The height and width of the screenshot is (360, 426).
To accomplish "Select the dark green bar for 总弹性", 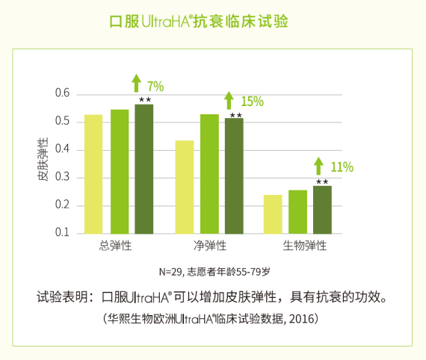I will [x=143, y=168].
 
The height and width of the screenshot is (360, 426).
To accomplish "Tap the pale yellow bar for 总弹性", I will [x=93, y=173].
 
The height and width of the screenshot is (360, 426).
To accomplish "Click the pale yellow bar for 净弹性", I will [x=184, y=187].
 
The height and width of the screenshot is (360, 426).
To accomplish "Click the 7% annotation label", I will [x=155, y=86].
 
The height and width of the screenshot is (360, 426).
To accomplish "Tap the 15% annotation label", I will [x=252, y=102].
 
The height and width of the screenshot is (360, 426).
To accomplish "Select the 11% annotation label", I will [x=342, y=167].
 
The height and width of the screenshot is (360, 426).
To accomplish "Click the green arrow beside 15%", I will [x=230, y=101].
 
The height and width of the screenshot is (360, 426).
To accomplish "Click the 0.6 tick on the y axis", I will [x=61, y=94].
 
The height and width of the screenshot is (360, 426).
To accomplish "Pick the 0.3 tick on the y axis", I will [x=61, y=178].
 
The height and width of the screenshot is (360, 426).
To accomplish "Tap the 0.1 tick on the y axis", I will [x=61, y=233].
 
